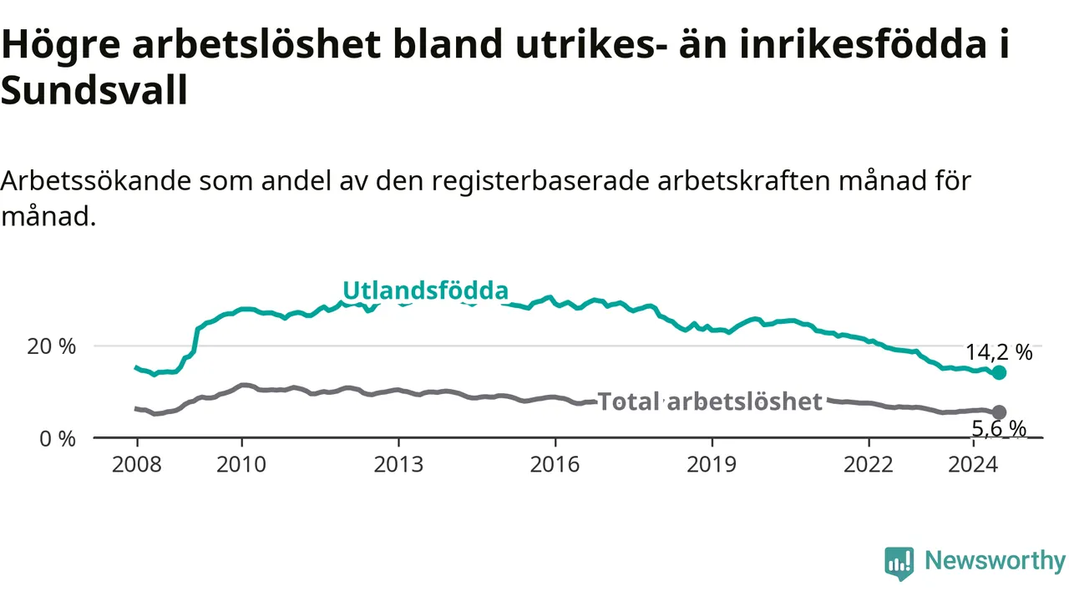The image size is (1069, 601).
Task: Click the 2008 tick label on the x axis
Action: (x=137, y=464)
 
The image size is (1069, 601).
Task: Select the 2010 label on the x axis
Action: (x=241, y=464)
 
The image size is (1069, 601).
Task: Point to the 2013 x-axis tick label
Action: (x=398, y=464)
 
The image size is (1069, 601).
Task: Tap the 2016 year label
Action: (x=555, y=464)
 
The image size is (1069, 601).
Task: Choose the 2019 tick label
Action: (x=712, y=464)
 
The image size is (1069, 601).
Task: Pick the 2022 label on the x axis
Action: (x=869, y=464)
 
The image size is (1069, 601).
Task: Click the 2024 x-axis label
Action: (x=973, y=464)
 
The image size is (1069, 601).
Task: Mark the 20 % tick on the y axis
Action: (x=52, y=346)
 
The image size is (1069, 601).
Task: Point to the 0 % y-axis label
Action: (x=58, y=439)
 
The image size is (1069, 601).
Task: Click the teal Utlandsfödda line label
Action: (x=426, y=290)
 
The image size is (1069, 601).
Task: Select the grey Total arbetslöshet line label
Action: (x=710, y=402)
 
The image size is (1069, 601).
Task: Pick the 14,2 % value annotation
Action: (x=999, y=352)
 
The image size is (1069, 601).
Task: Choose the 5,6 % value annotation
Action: (x=999, y=428)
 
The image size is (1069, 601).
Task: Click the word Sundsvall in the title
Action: (x=94, y=91)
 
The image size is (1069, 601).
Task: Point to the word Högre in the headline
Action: (x=61, y=45)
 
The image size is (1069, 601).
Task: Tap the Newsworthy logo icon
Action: (x=899, y=563)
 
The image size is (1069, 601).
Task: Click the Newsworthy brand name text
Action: (x=995, y=560)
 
